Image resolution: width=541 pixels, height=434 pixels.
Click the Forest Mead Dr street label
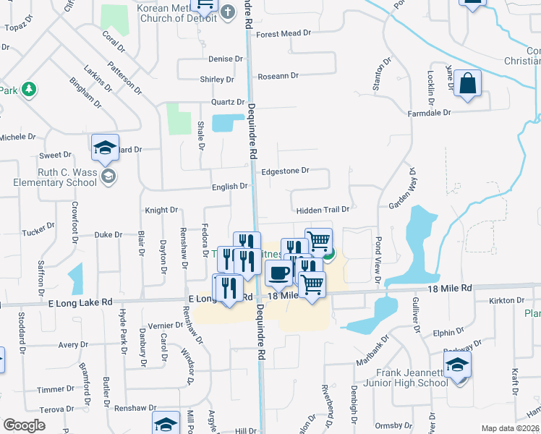(x=283, y=33)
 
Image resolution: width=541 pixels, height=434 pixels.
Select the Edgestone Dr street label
(x=285, y=171)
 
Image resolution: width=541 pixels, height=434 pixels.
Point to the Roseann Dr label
(x=278, y=75)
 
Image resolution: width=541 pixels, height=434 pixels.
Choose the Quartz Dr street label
(x=228, y=102)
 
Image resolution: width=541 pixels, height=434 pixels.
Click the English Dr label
(x=230, y=187)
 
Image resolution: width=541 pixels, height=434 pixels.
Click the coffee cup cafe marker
(x=278, y=273)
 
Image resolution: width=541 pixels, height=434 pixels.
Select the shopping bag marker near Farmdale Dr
(x=468, y=84)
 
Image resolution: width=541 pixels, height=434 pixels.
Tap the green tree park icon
(x=29, y=90)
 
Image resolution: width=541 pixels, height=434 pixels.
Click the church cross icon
(x=227, y=12)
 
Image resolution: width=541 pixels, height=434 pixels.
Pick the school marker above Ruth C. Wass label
(x=105, y=148)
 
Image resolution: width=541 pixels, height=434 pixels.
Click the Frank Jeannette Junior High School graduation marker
(x=457, y=366)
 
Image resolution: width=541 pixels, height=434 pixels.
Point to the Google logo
(x=25, y=425)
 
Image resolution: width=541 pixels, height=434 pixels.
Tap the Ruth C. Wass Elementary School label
(x=55, y=178)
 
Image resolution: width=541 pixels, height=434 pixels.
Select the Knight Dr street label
(x=161, y=210)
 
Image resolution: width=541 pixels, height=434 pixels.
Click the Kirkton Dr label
(x=506, y=299)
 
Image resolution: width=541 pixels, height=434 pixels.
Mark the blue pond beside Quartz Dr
(x=228, y=122)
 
